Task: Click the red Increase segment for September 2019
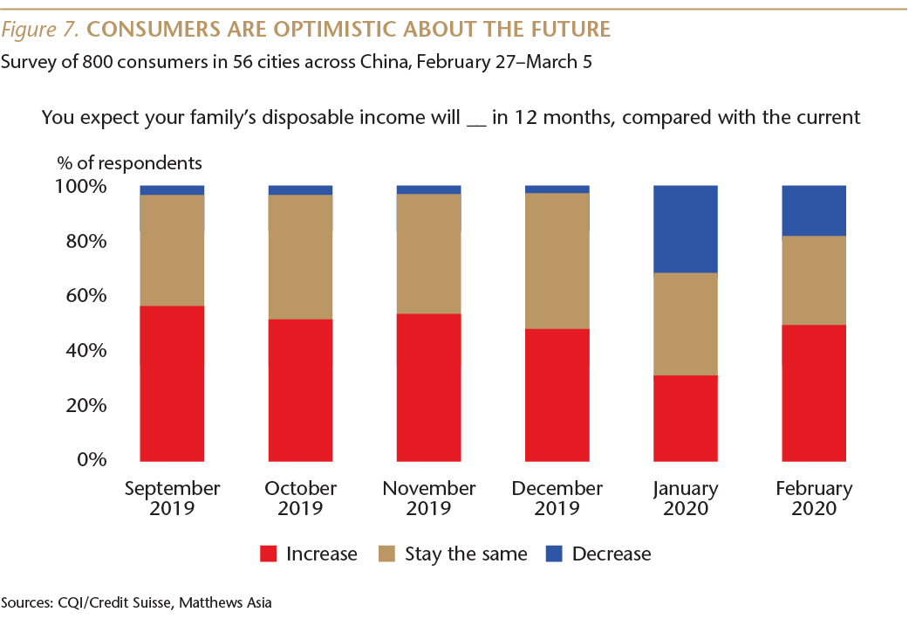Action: [172, 382]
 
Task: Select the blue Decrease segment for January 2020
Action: [686, 229]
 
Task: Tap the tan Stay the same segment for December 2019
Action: [557, 260]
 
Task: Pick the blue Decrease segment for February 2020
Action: [814, 210]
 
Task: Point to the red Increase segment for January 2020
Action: [686, 417]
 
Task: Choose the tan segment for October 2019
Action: [300, 257]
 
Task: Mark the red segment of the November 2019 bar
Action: [429, 386]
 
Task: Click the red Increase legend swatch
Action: [270, 554]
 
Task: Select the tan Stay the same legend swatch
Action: [387, 554]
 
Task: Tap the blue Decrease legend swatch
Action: [555, 554]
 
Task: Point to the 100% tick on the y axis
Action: [81, 187]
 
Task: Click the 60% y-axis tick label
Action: [86, 296]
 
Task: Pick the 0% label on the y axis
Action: [92, 459]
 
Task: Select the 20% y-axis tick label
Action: [86, 405]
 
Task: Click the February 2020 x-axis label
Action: [814, 499]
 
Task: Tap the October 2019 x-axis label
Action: [300, 499]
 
